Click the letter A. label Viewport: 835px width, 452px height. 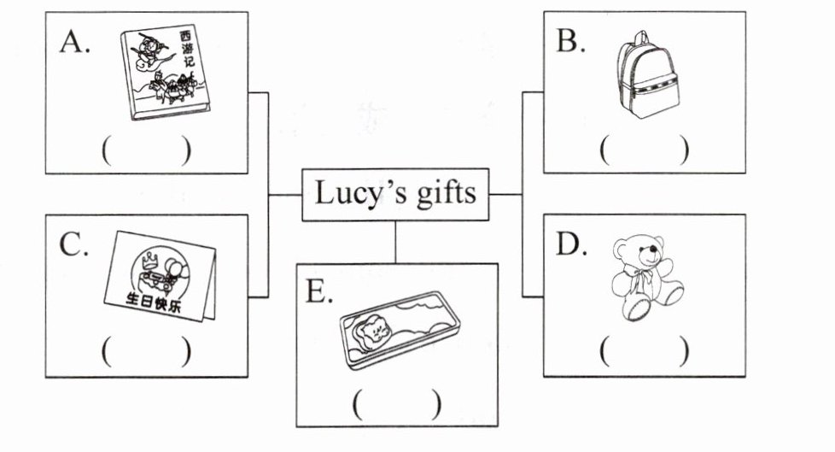[x=75, y=42]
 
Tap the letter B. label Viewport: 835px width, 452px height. [x=571, y=42]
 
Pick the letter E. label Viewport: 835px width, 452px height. [x=319, y=291]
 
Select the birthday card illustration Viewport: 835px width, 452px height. [x=162, y=275]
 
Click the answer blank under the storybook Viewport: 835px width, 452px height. [x=145, y=150]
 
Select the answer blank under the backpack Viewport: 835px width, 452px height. [x=644, y=150]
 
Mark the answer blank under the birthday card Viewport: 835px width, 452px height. [x=145, y=351]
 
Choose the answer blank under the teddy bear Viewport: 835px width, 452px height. [x=644, y=351]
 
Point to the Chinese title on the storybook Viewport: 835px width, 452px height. [x=188, y=50]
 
